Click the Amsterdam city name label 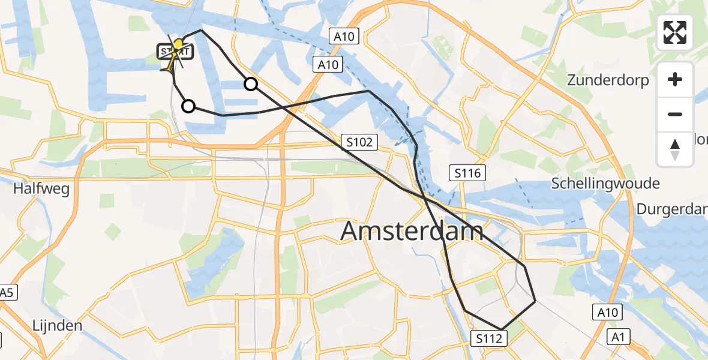click(x=412, y=231)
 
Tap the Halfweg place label click(x=41, y=189)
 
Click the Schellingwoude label click(x=605, y=184)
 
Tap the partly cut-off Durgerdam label click(x=672, y=209)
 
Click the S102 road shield click(x=360, y=142)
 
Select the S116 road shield click(x=467, y=173)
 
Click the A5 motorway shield click(x=7, y=293)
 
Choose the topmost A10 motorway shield click(x=344, y=37)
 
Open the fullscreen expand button click(x=675, y=32)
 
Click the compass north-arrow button click(x=675, y=149)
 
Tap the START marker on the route click(x=175, y=52)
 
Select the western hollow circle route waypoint click(x=188, y=106)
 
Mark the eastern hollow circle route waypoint click(x=251, y=84)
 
